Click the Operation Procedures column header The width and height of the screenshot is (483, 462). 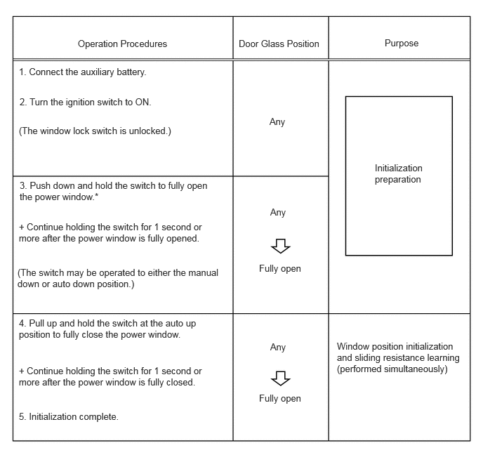pos(122,44)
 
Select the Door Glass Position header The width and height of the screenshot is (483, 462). pos(279,44)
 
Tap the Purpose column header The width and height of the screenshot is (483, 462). pos(402,43)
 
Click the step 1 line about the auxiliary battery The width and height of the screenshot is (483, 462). pos(83,72)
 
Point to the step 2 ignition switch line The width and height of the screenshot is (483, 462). pos(85,102)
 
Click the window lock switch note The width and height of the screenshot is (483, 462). pos(94,131)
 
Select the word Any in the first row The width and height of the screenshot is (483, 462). pos(277,122)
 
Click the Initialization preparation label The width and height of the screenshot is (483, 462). pos(399,174)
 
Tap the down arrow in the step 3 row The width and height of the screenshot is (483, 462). pos(280,245)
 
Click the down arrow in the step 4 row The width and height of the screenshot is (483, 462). pos(280,378)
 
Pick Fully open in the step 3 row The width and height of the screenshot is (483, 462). pos(279,269)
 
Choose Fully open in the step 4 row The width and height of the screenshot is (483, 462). pos(279,399)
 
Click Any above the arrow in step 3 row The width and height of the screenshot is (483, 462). pos(278,213)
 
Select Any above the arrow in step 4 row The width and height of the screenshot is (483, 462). pos(278,348)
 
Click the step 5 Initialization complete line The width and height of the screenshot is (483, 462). pos(69,416)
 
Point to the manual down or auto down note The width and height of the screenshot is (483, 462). pos(118,278)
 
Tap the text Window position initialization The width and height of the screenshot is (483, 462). pos(395,347)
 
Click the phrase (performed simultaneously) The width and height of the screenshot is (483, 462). pos(392,369)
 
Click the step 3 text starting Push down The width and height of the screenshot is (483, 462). pos(113,191)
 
